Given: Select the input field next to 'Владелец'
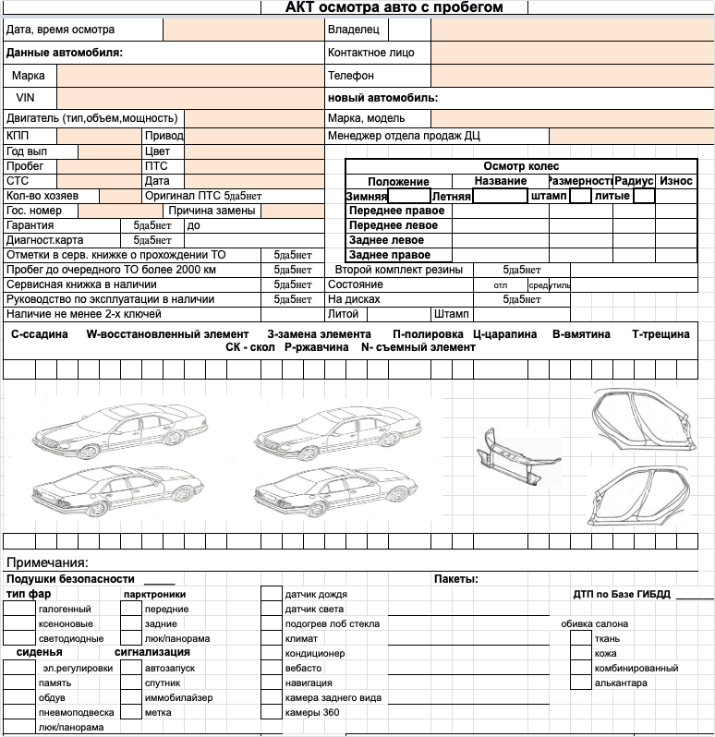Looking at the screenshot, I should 572,30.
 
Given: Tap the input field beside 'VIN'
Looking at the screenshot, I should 188,97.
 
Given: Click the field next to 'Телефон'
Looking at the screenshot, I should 572,75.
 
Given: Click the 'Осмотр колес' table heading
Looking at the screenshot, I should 521,166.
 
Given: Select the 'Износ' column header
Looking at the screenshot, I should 676,181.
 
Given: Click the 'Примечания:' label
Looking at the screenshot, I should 47,562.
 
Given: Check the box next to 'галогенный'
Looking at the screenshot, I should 18,610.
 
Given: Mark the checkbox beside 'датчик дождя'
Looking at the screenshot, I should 271,595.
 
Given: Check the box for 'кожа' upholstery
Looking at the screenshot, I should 579,654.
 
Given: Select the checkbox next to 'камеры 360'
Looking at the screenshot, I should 271,713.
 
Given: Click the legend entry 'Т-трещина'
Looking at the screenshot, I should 660,334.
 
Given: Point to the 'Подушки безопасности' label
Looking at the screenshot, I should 70,579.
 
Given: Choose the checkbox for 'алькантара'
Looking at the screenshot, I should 579,683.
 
